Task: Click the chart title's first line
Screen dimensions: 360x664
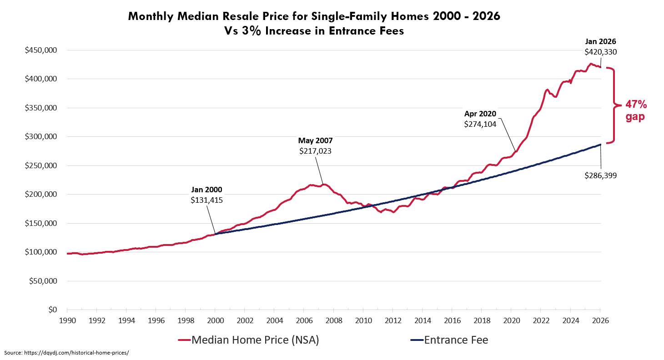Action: click(313, 17)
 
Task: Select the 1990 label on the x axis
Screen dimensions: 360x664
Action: click(67, 320)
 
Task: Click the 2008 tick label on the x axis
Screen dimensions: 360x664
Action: click(333, 320)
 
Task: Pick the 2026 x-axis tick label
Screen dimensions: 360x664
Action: click(600, 320)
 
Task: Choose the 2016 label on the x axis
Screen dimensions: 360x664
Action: click(452, 320)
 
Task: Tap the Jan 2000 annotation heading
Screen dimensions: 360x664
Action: click(206, 190)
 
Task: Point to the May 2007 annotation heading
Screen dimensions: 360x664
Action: click(315, 141)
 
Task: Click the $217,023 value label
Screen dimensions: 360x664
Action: click(315, 150)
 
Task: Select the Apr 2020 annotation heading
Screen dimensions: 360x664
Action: click(480, 114)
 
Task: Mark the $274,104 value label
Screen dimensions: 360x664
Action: click(480, 123)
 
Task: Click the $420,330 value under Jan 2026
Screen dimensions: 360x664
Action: click(600, 52)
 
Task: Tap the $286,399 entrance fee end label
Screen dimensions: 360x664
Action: click(600, 175)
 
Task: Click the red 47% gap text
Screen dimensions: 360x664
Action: click(635, 110)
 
